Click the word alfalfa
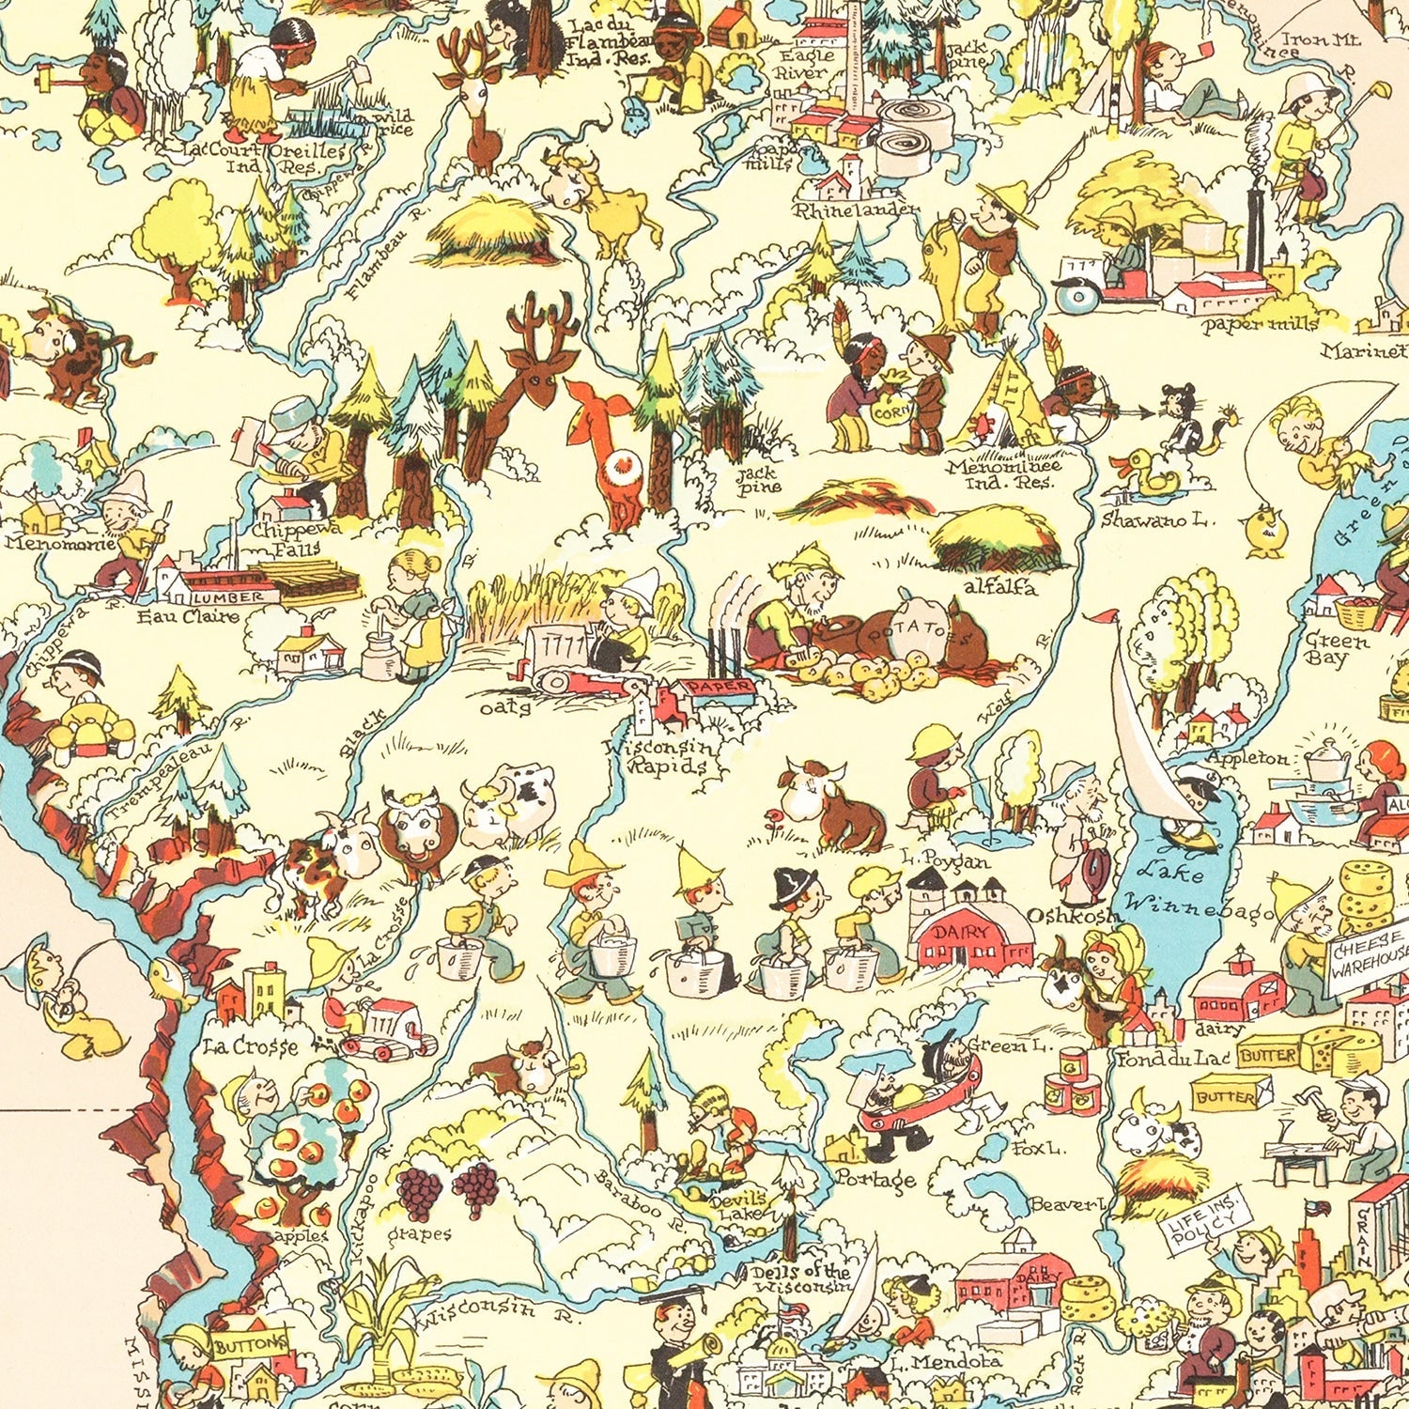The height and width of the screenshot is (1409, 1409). [999, 588]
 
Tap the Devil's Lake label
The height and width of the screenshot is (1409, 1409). [740, 1206]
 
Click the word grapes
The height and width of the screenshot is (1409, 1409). [419, 1233]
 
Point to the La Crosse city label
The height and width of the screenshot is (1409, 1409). [250, 1045]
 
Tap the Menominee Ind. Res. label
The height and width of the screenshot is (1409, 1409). [1002, 473]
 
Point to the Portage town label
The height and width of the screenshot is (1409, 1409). [875, 1179]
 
